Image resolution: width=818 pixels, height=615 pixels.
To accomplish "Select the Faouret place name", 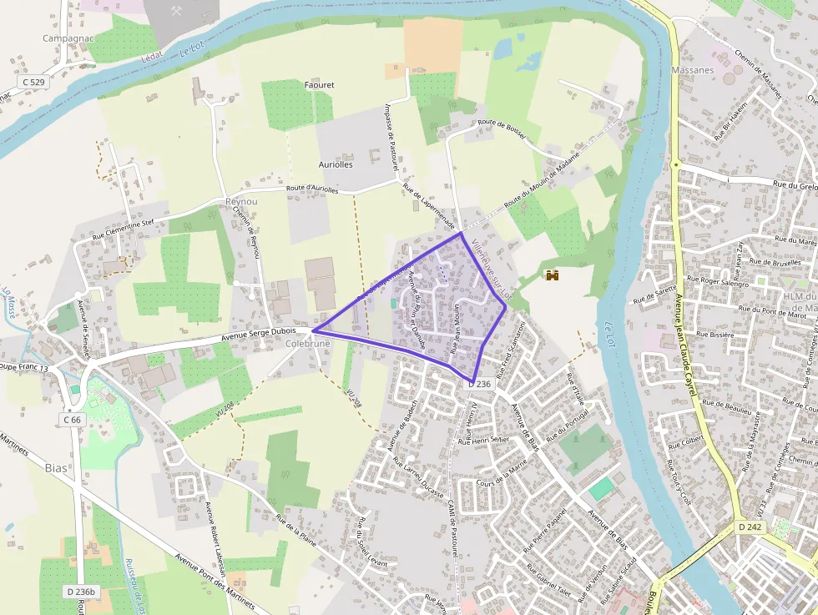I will [x=319, y=85].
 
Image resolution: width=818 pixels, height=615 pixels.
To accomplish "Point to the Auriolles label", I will [x=336, y=164].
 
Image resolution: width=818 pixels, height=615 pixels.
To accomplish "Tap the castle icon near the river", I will [x=551, y=275].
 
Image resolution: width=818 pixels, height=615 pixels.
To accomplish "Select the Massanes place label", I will [x=693, y=70].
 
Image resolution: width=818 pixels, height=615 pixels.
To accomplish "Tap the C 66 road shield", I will [x=73, y=420].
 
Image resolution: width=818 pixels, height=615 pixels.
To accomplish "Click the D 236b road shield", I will [x=81, y=592].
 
